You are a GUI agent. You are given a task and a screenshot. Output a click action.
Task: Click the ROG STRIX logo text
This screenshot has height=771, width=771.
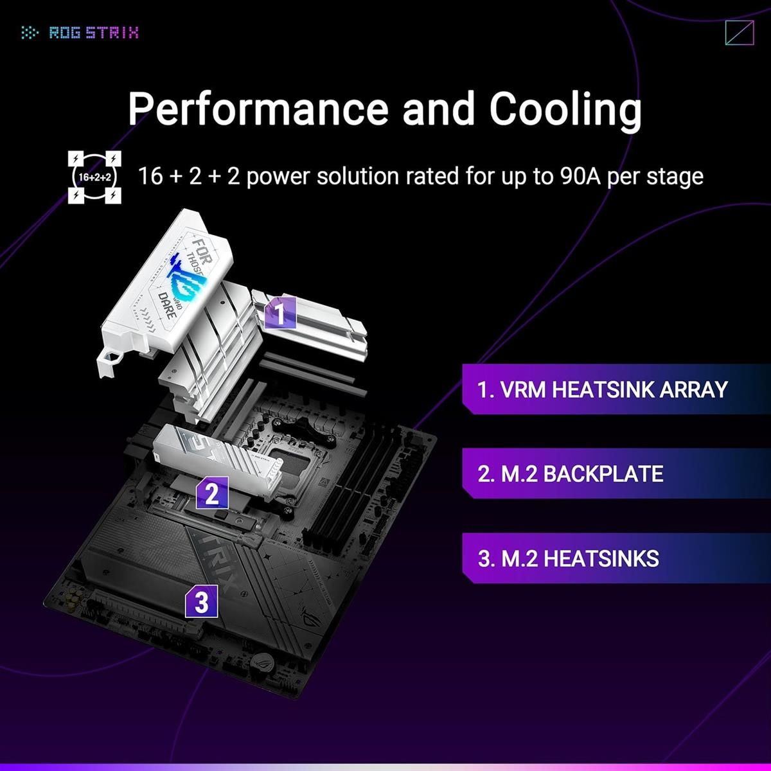pyautogui.click(x=94, y=32)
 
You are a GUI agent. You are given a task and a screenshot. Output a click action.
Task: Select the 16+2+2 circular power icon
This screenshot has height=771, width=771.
pyautogui.click(x=94, y=177)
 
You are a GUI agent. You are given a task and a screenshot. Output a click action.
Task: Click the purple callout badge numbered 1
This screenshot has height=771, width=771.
pyautogui.click(x=279, y=313)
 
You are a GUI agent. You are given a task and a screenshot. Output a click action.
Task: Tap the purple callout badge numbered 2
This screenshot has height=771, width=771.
pyautogui.click(x=213, y=493)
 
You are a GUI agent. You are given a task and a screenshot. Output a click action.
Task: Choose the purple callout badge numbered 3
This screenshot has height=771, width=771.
pyautogui.click(x=202, y=602)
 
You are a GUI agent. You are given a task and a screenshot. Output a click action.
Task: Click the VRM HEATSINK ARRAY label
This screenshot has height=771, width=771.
pyautogui.click(x=602, y=389)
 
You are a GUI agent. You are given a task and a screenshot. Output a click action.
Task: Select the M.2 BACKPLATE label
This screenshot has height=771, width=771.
pyautogui.click(x=571, y=474)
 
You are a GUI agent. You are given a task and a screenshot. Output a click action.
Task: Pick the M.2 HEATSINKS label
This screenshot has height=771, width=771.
pyautogui.click(x=569, y=558)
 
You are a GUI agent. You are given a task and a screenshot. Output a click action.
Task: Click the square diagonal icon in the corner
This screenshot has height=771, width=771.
pyautogui.click(x=738, y=33)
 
